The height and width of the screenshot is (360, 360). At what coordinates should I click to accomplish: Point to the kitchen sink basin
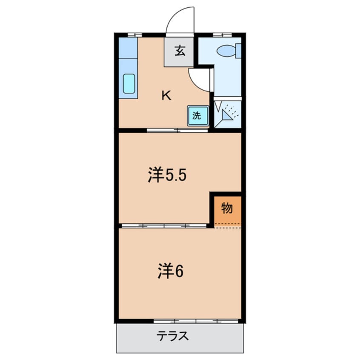pyautogui.click(x=129, y=83)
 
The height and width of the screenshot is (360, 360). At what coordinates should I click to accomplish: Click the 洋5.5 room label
pyautogui.click(x=167, y=175)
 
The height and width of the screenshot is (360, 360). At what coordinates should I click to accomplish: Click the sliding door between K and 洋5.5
pyautogui.click(x=177, y=130)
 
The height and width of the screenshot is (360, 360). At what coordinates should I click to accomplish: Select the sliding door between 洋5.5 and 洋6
pyautogui.click(x=164, y=226)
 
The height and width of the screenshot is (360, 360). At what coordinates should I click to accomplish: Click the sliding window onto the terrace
pyautogui.click(x=196, y=321)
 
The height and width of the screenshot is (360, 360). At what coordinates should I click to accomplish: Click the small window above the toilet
pyautogui.click(x=222, y=34)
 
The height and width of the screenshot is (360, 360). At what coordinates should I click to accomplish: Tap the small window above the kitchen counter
pyautogui.click(x=134, y=34)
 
